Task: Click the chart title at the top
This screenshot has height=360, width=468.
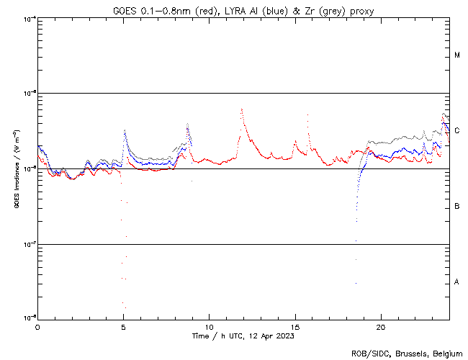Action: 243,11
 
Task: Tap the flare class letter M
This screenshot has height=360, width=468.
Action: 457,55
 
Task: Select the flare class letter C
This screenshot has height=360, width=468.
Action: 457,131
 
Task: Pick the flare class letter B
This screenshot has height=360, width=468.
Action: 457,207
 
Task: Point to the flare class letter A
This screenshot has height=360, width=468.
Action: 457,282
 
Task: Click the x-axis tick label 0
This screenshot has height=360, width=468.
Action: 37,327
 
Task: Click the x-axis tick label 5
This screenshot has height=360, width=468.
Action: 123,327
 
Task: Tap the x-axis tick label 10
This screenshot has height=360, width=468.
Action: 209,327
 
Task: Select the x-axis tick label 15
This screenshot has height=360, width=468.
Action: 295,327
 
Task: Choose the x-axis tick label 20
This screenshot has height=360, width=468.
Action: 381,327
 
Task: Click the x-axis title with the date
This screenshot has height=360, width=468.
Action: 243,336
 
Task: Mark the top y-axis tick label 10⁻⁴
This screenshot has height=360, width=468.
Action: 29,18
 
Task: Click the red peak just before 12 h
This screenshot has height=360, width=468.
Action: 241,109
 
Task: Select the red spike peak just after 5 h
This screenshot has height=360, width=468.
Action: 125,131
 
